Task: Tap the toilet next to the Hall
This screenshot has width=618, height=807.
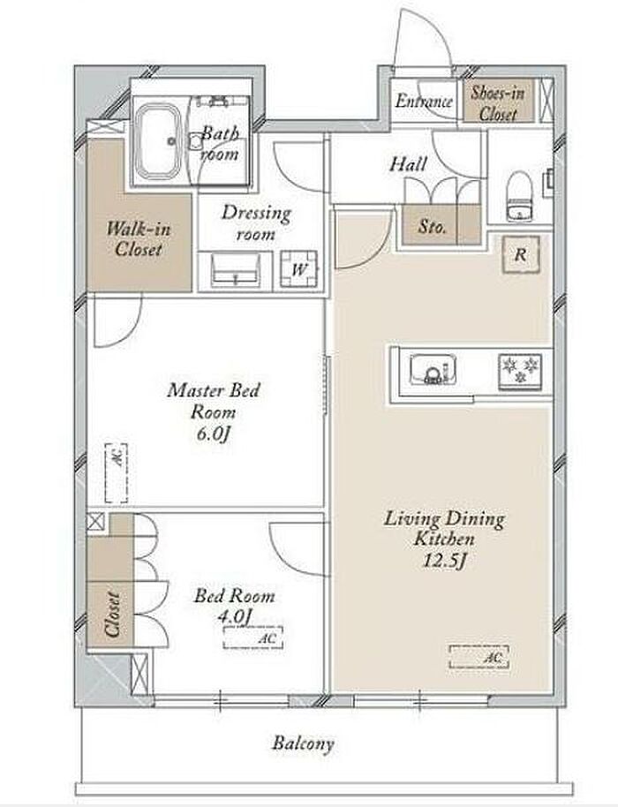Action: coord(518,196)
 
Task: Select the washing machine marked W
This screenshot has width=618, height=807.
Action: coord(298,268)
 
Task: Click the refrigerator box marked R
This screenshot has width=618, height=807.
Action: coord(521,253)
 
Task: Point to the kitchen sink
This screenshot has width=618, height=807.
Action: coord(433,368)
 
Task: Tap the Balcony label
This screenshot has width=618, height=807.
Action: coord(303,743)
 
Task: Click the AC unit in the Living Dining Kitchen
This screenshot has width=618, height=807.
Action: coord(479,657)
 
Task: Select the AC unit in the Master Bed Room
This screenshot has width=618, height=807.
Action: coord(117,472)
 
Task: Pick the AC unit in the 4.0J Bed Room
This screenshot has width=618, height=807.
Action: coord(253,638)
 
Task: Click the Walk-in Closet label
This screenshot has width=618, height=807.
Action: coord(139,238)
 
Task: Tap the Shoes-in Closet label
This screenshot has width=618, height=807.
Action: coord(498,103)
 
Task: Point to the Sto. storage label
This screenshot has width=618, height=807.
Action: coord(432,226)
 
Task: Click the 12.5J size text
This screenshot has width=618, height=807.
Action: coord(444,560)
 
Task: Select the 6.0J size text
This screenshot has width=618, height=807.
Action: coord(213,434)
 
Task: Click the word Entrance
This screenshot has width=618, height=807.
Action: coord(424,101)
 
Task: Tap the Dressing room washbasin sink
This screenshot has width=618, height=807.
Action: coord(235,269)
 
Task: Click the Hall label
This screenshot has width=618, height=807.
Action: coord(408,165)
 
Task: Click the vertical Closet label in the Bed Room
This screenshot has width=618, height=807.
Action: coord(112,614)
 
